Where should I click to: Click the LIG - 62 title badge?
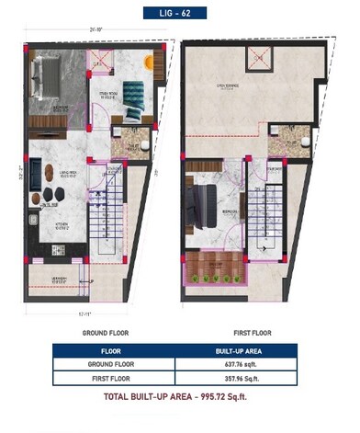tap(180, 13)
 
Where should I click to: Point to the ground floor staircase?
tap(104, 222)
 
